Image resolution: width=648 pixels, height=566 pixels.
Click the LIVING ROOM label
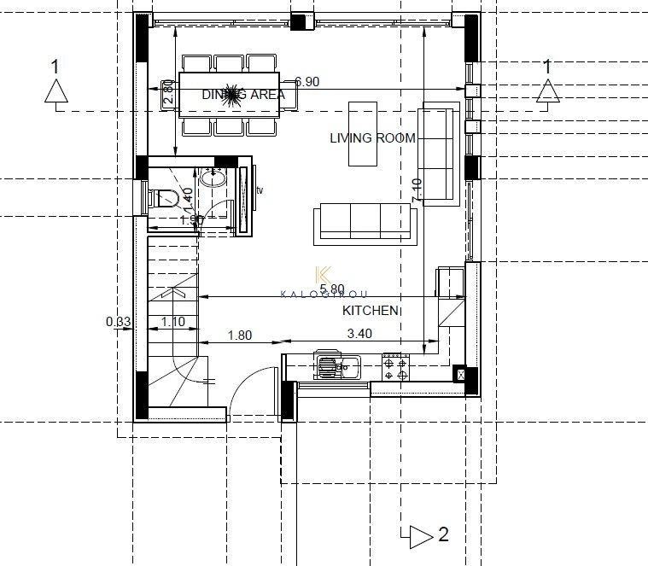(x=373, y=137)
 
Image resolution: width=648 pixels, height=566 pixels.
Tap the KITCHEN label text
(x=371, y=310)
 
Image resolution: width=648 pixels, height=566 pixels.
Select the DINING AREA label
(x=243, y=95)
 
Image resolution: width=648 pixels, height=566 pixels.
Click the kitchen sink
(x=326, y=366)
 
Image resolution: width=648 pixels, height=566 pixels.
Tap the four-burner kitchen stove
(x=395, y=367)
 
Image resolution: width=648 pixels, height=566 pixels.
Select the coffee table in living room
(x=362, y=134)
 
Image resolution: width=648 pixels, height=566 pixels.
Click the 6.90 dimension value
(x=307, y=82)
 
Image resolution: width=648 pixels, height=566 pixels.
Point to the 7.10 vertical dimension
(x=417, y=189)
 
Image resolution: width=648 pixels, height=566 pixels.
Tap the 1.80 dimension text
(x=238, y=335)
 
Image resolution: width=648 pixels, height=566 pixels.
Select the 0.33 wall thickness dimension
(x=118, y=322)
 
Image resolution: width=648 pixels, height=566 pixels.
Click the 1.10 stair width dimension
(x=173, y=322)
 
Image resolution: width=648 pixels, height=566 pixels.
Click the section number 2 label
(x=443, y=535)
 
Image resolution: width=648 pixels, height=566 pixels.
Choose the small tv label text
(x=259, y=189)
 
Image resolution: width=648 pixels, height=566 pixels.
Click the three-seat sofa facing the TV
(x=365, y=224)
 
